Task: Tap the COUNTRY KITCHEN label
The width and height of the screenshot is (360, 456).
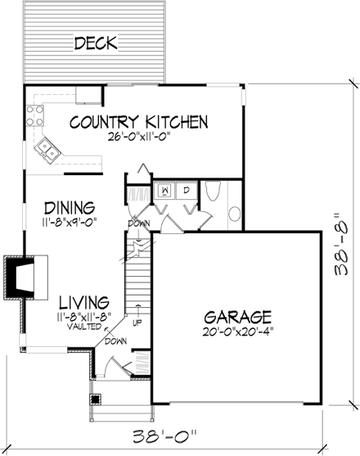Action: coord(138,123)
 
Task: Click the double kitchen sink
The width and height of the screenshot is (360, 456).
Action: coord(46,150)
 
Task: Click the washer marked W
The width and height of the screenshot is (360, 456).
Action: coord(164,191)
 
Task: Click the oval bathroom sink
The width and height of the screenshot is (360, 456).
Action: coord(234,214)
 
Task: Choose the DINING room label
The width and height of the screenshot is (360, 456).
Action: coord(70,207)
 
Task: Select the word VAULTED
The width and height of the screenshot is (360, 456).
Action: coord(74,325)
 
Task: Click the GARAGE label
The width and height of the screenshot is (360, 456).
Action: coord(238,316)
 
